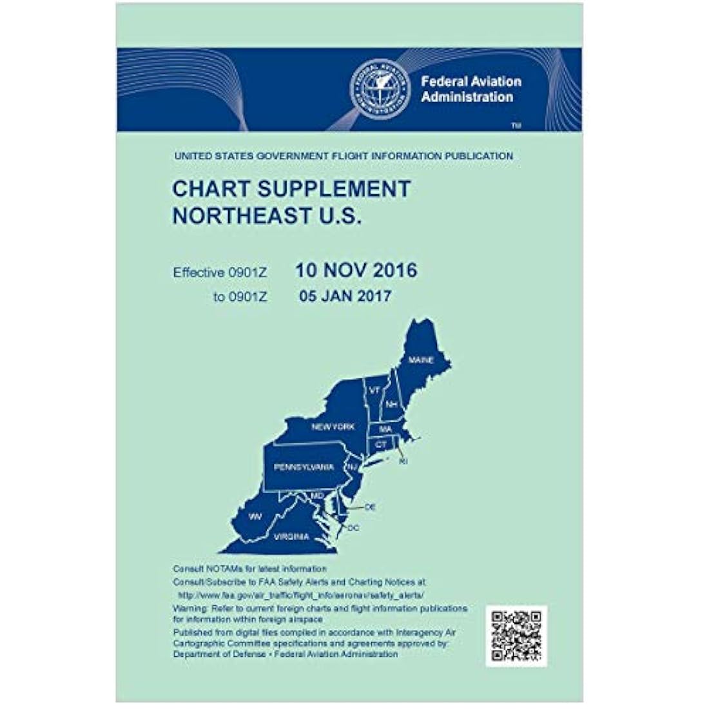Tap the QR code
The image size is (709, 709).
516,636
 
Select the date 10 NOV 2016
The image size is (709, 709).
356,270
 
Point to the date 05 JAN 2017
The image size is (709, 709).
345,296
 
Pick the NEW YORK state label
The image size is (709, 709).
333,427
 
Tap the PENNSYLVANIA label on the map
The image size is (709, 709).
304,467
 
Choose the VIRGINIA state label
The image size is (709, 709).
291,536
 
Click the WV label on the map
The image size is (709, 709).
255,516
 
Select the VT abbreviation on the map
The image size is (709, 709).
374,391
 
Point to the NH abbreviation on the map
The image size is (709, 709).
391,404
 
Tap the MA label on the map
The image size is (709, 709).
385,429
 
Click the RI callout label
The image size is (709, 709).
403,462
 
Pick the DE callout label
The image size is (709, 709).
370,508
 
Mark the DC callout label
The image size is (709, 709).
353,529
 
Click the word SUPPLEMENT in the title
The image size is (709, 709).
328,189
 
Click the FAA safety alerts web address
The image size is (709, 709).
301,597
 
